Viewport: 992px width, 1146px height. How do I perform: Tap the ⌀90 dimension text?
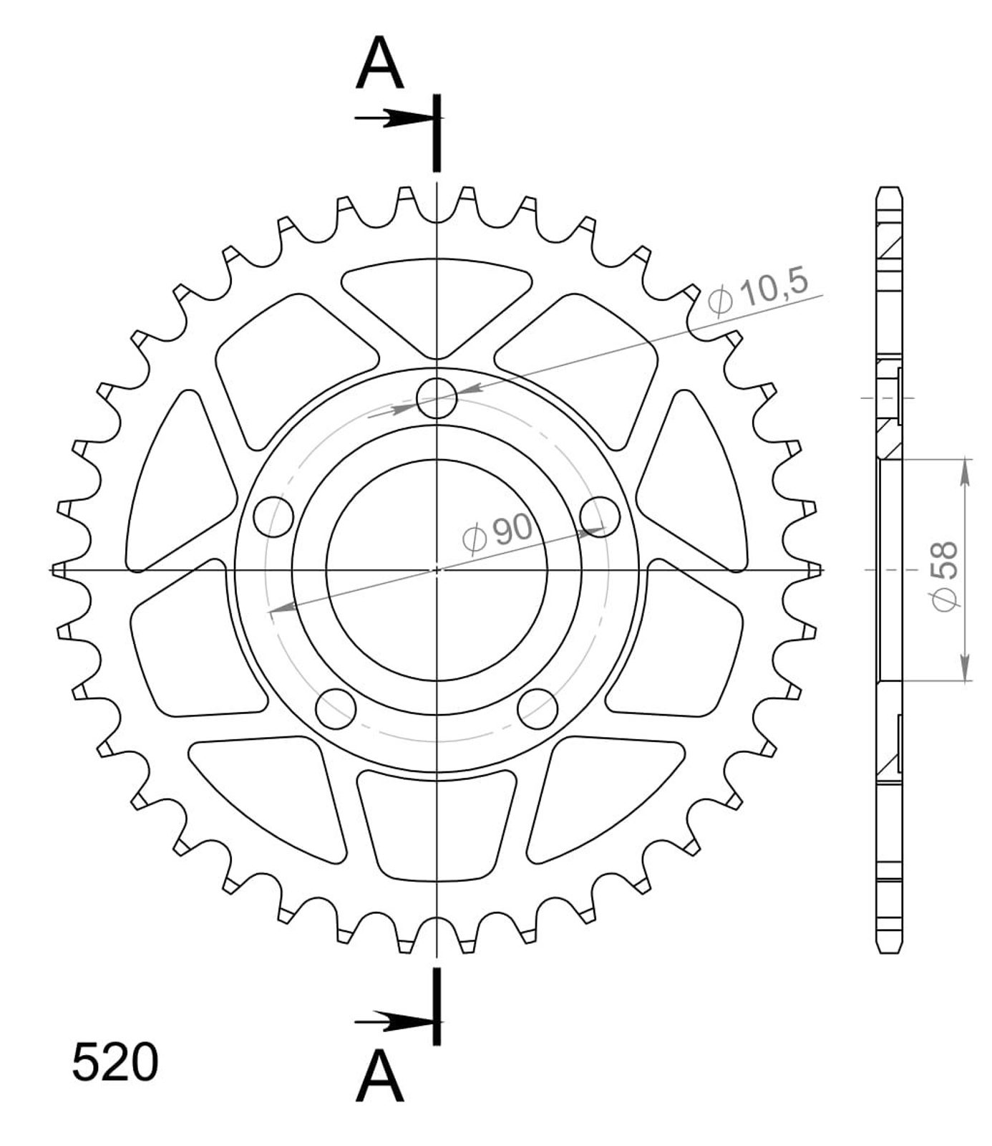(497, 534)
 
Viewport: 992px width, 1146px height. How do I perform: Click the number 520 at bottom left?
(115, 1063)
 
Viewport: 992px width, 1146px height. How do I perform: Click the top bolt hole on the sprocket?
(437, 398)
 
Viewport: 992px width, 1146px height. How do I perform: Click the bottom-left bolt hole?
(336, 708)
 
